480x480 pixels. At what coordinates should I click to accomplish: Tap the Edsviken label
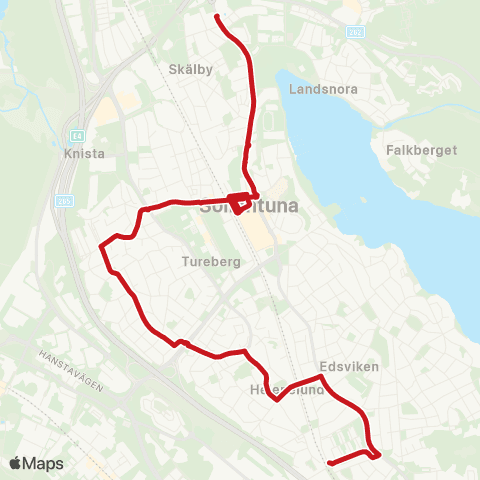(349, 367)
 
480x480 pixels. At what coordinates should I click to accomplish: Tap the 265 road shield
(65, 200)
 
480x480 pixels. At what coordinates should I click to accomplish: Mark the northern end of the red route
(217, 15)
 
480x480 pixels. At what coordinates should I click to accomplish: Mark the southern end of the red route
(329, 462)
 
